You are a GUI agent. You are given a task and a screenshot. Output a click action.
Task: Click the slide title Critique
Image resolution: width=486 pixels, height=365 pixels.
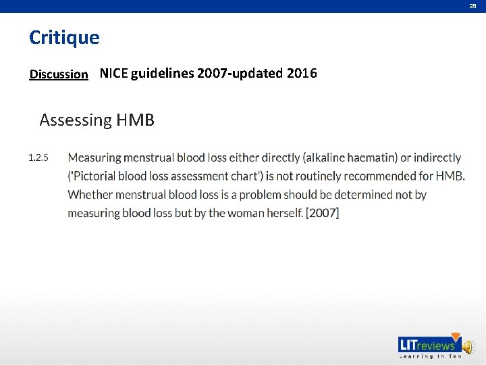pos(64,38)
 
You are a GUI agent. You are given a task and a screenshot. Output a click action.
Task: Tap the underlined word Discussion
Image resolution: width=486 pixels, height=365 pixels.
pos(59,74)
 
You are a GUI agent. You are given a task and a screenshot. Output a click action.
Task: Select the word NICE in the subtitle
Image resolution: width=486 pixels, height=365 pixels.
pos(114,74)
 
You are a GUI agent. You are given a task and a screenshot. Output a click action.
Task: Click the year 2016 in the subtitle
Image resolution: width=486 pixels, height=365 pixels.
pos(301,74)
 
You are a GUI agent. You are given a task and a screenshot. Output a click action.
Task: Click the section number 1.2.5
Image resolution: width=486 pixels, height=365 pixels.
pos(38,158)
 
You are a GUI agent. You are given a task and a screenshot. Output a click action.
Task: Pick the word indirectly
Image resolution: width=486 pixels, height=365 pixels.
pos(437,158)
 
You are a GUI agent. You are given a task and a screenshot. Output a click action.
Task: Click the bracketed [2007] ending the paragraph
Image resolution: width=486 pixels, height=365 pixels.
pos(323,213)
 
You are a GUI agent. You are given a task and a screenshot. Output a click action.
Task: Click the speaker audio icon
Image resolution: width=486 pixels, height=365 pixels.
pos(468,346)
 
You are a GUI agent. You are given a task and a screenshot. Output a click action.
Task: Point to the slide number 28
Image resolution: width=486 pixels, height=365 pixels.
pos(473,6)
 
